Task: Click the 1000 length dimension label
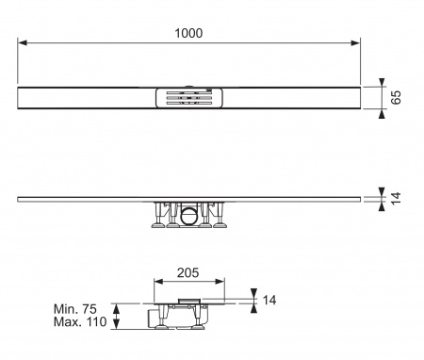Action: point(188,33)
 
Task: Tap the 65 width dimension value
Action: point(397,97)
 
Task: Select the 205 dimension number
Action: point(188,272)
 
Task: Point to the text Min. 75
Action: point(75,309)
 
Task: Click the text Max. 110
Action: point(80,322)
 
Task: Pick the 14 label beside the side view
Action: point(397,198)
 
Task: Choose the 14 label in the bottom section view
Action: point(269,301)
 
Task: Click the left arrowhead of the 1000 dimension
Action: point(23,42)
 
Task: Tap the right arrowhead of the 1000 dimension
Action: point(355,42)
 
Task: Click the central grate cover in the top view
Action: point(189,98)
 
